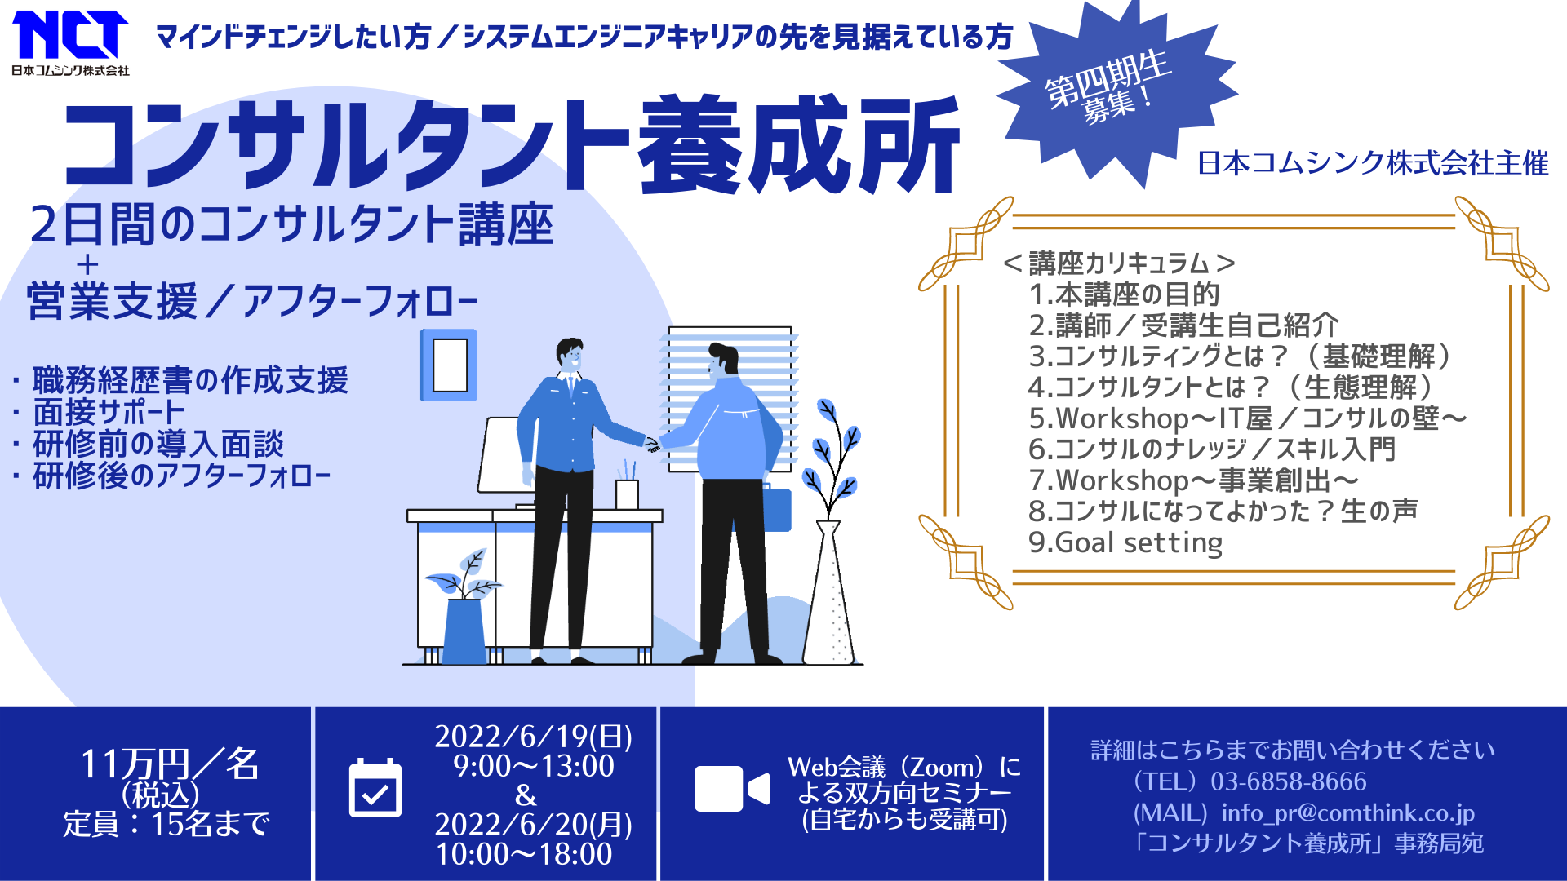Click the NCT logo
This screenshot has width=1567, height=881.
(70, 43)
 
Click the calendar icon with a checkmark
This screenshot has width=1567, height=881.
(375, 787)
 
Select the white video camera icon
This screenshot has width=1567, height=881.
(732, 789)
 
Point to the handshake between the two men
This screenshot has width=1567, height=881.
(653, 445)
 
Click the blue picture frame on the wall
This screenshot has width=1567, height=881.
(449, 365)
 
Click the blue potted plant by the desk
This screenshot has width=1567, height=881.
(464, 608)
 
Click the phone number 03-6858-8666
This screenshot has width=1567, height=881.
(1288, 781)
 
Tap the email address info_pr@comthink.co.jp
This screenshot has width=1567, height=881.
(1348, 812)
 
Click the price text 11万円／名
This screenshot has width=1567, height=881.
(169, 764)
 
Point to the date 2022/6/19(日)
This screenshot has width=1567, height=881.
(534, 737)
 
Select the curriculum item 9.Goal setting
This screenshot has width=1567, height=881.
(1125, 542)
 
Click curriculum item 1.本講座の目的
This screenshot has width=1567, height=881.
(1124, 294)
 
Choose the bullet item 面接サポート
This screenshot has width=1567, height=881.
(109, 412)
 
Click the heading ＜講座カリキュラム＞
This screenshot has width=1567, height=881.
(1119, 263)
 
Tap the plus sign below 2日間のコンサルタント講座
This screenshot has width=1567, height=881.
(87, 264)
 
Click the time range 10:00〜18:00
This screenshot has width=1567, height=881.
(524, 854)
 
